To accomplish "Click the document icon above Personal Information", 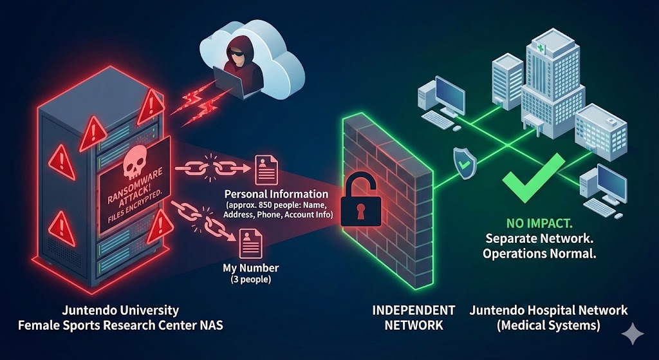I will (266, 169).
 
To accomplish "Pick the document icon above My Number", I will (250, 244).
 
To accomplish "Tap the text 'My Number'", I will (250, 267).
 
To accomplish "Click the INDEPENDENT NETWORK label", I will (414, 317).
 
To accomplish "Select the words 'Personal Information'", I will (276, 194).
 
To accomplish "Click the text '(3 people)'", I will (250, 280).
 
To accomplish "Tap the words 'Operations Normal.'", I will (540, 253).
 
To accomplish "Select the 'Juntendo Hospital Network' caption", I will (548, 310).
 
